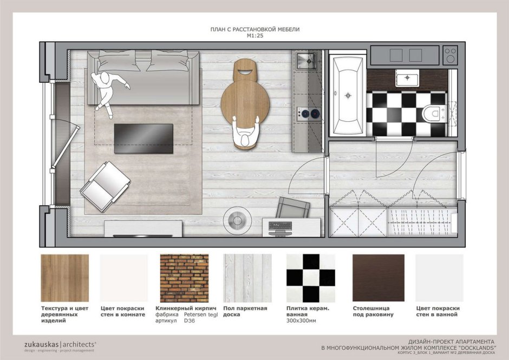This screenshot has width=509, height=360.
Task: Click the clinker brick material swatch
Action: tap(185, 278)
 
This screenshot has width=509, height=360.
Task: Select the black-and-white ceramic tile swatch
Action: tap(311, 278)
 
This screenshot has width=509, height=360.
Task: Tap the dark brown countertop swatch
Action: tap(379, 278)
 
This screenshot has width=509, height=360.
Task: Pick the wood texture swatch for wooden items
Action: tap(65, 278)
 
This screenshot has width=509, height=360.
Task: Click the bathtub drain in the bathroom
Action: tap(348, 95)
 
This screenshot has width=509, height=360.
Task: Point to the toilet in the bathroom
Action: tap(433, 114)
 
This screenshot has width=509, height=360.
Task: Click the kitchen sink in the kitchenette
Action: tap(306, 61)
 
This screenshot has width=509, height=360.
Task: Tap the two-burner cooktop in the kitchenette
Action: tap(309, 114)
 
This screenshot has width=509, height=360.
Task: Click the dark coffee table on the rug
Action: tap(143, 139)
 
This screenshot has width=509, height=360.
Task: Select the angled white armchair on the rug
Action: tap(105, 187)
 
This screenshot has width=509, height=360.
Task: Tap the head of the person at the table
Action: tap(245, 141)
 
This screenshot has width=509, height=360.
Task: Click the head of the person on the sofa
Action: tap(105, 78)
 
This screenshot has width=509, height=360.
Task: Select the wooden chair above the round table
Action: tap(246, 70)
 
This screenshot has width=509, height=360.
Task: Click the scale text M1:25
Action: tap(255, 36)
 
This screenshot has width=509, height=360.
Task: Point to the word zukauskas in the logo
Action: tap(42, 344)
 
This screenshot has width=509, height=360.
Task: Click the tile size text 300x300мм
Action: tap(301, 320)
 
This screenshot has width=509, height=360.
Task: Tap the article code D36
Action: tap(190, 320)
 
